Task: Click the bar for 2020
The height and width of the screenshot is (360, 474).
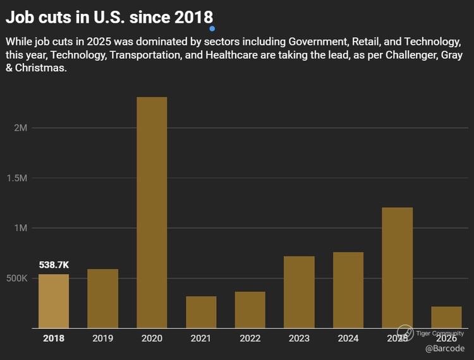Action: (x=152, y=212)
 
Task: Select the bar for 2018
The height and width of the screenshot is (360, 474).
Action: (x=54, y=301)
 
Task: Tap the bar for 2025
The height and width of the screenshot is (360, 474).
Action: (x=398, y=267)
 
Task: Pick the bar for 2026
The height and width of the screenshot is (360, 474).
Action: (x=447, y=317)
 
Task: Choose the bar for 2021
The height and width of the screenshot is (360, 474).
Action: (x=201, y=312)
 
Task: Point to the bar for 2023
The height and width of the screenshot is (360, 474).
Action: (x=299, y=292)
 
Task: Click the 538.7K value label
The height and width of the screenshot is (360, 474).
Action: (x=53, y=265)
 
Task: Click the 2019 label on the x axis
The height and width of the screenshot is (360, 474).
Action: (x=102, y=339)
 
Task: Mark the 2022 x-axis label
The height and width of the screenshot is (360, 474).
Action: (x=250, y=339)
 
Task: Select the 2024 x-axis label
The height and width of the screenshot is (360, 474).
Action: (x=348, y=339)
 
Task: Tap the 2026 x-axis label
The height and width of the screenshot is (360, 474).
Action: (x=447, y=339)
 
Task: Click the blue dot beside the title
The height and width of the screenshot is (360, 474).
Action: (x=212, y=28)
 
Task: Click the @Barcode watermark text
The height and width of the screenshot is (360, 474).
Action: (x=444, y=349)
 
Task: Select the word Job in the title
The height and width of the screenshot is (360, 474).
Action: (x=20, y=17)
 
